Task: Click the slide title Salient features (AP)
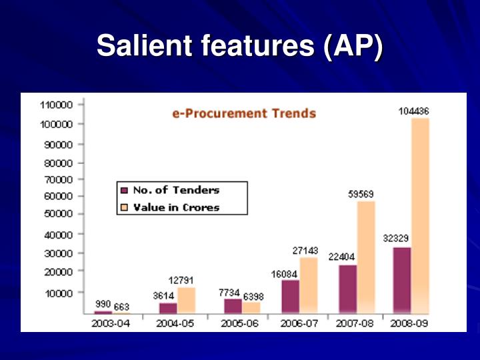pos(240,48)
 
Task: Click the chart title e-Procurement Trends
pos(244,113)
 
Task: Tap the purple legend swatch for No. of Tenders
pos(124,190)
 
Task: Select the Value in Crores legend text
pos(176,207)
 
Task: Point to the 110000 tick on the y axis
pos(56,105)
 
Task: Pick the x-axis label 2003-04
pos(111,323)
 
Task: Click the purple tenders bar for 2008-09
pos(402,280)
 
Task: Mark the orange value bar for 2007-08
pos(366,257)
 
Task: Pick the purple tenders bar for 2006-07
pos(290,296)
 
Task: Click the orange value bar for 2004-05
pos(186,300)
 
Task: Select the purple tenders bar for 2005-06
pos(233,306)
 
